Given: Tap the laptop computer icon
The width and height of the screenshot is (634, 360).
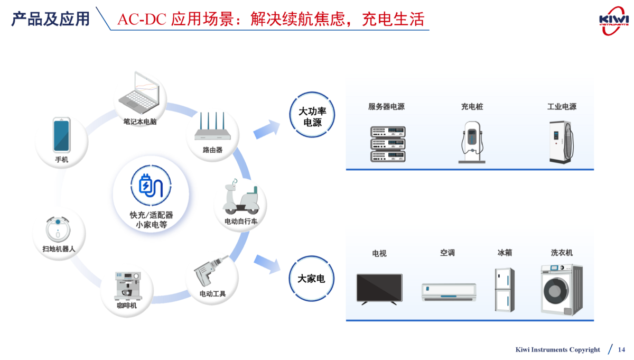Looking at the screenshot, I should pyautogui.click(x=140, y=95).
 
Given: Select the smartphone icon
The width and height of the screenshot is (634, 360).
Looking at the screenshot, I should pyautogui.click(x=61, y=136).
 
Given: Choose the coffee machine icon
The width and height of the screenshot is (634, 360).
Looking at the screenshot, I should pyautogui.click(x=127, y=286).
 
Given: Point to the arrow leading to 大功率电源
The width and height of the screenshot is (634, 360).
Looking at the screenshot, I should pyautogui.click(x=267, y=129).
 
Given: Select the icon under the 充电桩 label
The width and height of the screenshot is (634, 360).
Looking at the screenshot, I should pyautogui.click(x=472, y=142).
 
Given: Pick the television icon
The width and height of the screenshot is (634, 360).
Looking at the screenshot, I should pyautogui.click(x=379, y=289).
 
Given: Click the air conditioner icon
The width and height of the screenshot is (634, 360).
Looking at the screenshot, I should pyautogui.click(x=449, y=292).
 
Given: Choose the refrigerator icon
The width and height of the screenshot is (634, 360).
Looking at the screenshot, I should pyautogui.click(x=504, y=290).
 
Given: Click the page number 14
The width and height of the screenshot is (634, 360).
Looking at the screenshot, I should pyautogui.click(x=621, y=349).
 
